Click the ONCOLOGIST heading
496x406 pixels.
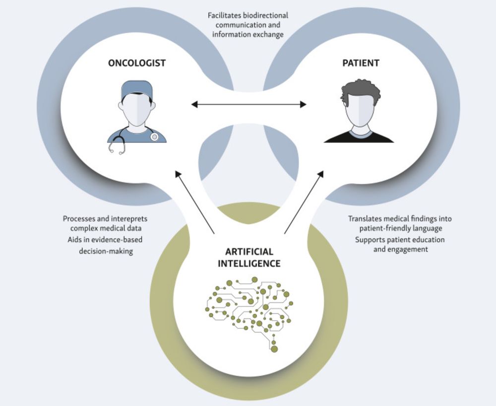[136, 64]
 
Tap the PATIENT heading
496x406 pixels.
[361, 64]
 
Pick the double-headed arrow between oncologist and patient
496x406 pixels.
[248, 104]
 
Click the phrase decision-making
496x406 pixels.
[106, 251]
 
